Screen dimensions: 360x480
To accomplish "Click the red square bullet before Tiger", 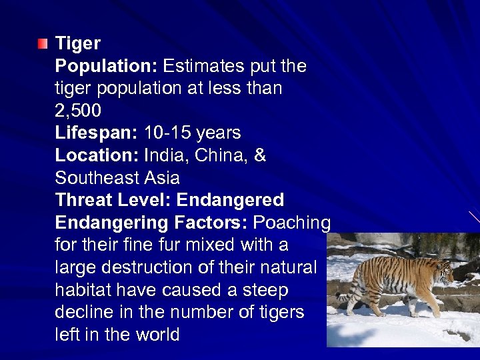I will pos(43,45).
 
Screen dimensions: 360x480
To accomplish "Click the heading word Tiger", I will pos(78,44).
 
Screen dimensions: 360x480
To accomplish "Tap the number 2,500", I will pos(78,111).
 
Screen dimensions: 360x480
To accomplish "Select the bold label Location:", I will pos(97,155).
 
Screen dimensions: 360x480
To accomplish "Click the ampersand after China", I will pos(260,155).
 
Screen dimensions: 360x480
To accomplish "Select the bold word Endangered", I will pos(230,200).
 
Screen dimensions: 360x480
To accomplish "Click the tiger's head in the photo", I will pos(441,271).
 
